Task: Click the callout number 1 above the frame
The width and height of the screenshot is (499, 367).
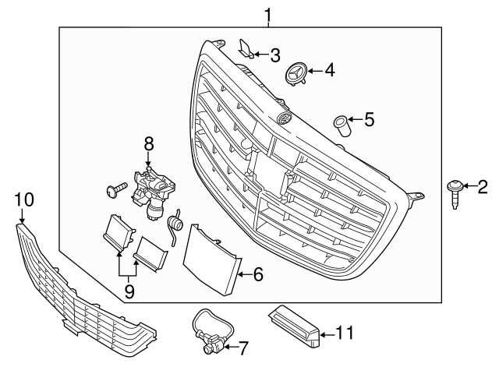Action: (x=267, y=15)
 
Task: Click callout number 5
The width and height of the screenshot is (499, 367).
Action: (x=369, y=120)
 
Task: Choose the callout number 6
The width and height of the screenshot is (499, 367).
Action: (x=258, y=273)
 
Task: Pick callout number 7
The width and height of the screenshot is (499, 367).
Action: (x=243, y=347)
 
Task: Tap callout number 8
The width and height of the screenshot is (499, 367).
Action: (x=149, y=143)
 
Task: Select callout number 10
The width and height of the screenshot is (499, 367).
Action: (x=24, y=200)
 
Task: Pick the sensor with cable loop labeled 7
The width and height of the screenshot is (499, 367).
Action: (x=207, y=330)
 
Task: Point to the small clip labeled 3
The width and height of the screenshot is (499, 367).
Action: (x=244, y=51)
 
